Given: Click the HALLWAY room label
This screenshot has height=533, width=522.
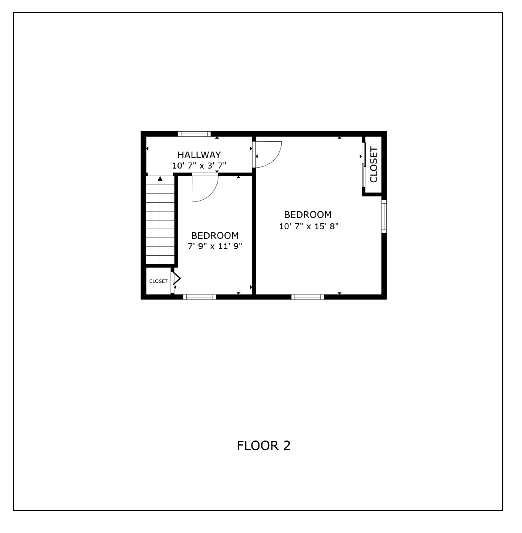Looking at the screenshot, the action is pos(199,155).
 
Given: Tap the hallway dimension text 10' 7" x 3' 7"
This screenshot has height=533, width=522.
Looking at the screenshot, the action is pos(199,166).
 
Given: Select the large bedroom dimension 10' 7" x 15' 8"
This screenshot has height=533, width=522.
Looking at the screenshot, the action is pos(308,227).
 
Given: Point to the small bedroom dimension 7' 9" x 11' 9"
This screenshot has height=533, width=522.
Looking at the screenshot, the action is pos(215,247).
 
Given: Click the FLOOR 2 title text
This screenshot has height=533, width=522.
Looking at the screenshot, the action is pos(263,446).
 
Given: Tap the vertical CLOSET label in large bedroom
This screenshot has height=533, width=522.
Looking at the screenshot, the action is pos(374,165).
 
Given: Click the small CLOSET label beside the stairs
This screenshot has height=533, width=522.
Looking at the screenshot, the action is pos(158,281).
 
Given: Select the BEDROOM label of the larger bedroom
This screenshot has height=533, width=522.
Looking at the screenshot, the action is pos(308,215).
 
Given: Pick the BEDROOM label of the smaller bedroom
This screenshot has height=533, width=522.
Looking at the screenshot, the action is pos(215,236).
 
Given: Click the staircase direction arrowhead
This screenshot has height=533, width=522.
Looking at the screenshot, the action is pos(160,179).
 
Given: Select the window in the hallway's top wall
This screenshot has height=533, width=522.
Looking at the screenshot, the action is pos(194,134).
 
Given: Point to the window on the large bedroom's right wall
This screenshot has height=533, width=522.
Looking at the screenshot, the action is pos(384,216).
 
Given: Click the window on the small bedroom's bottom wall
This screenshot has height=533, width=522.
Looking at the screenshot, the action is pos(200,297).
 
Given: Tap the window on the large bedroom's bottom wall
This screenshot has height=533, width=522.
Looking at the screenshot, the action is pos(307,297).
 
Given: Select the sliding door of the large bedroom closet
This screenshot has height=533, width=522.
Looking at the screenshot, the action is pos(364,165).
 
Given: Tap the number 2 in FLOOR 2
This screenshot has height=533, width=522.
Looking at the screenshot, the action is pos(287,446).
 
